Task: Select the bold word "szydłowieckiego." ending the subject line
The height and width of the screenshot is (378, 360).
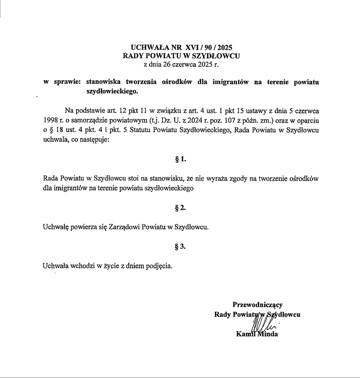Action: click(x=112, y=91)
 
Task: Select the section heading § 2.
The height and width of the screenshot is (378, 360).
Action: click(x=181, y=208)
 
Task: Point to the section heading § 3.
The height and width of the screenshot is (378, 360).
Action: click(x=181, y=247)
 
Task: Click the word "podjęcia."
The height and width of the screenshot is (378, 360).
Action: click(x=159, y=266)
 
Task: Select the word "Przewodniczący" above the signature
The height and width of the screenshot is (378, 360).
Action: click(x=257, y=304)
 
